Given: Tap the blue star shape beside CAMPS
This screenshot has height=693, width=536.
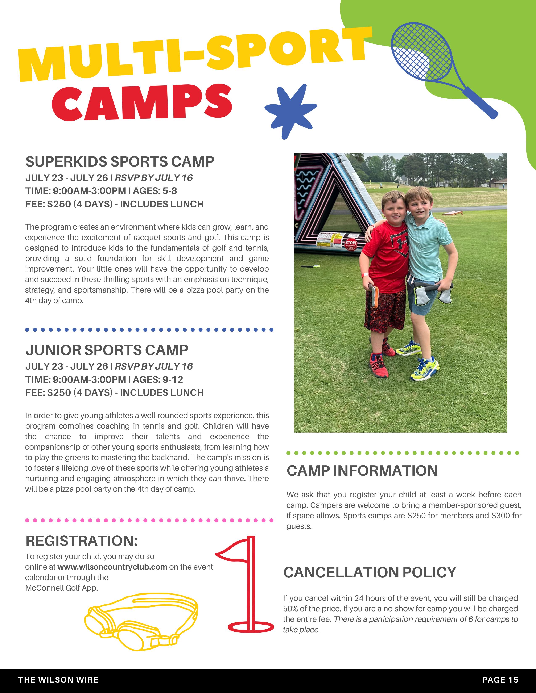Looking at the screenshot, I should point(290,111).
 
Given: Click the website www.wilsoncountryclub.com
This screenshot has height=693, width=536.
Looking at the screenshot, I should point(112,567).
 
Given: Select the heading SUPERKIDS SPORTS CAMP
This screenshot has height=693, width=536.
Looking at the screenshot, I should point(120,162).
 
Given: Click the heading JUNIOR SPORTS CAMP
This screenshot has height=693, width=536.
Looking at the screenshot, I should point(107,350).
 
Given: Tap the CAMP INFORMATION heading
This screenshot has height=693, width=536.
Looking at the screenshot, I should point(362,471).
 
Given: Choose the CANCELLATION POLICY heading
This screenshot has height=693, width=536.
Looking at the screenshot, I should point(370,572).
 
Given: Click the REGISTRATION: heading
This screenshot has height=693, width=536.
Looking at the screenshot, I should point(82,541).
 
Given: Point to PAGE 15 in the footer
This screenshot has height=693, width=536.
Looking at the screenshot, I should point(500,680).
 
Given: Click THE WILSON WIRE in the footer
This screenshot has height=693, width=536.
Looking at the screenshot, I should point(58,680).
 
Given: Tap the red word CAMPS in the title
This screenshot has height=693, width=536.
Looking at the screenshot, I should point(142,102).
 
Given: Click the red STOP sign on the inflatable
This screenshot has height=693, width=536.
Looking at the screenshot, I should point(351,244).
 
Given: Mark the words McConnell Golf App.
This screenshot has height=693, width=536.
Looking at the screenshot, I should point(62,588).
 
